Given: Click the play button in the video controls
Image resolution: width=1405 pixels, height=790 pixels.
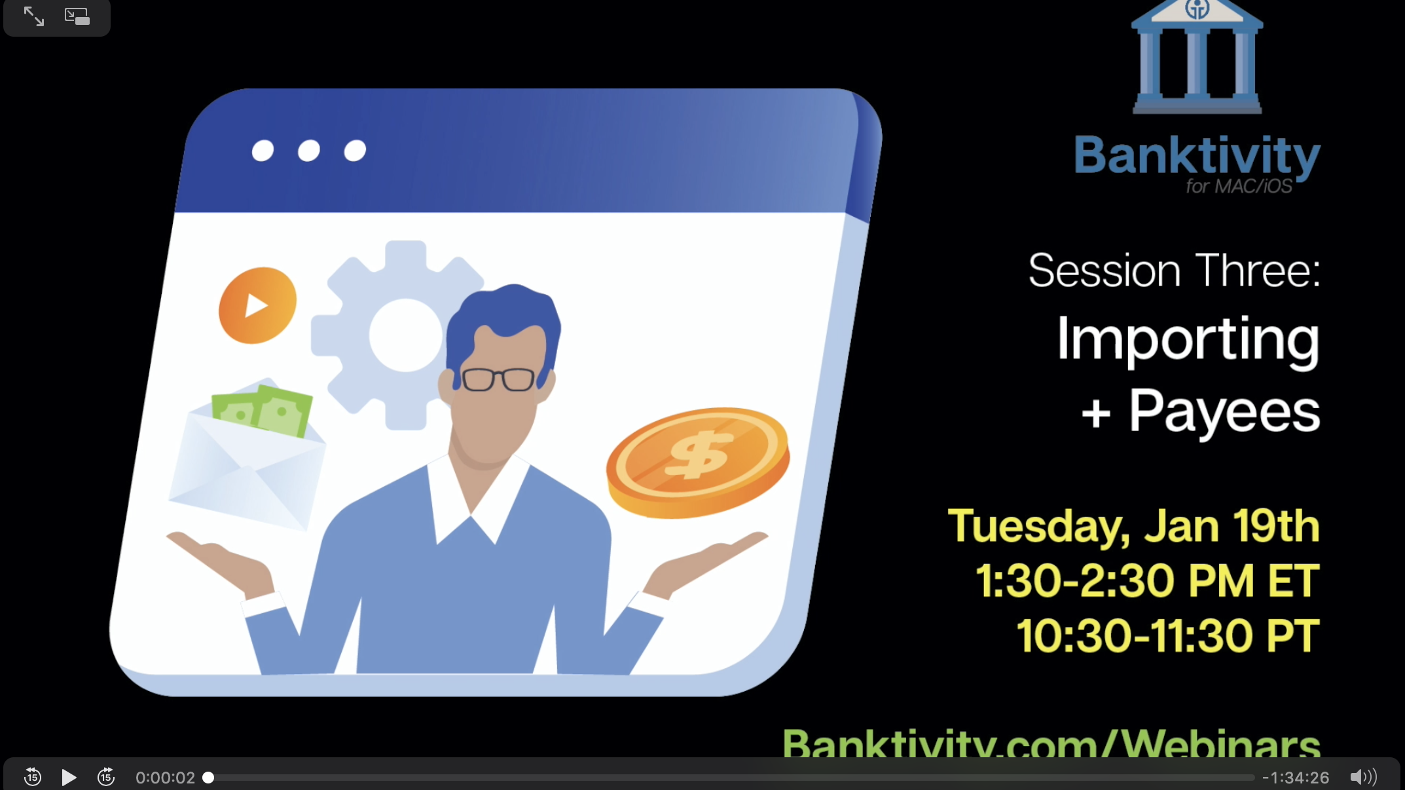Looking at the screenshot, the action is coord(69,778).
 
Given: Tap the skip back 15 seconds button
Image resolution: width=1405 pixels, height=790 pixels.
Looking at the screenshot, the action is coord(33,777).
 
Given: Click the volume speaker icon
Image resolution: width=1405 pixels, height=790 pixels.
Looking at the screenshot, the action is coord(1363,777).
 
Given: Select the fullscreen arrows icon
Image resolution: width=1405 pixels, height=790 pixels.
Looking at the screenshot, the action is coord(34,16).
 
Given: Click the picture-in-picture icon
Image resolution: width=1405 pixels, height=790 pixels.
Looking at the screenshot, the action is coord(77,16).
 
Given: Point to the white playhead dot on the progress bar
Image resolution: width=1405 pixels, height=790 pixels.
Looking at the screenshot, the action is coord(208,778).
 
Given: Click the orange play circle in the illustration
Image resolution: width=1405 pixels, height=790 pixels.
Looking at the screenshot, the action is coord(257,305).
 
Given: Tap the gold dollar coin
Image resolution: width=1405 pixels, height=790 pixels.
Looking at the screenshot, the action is coord(698,462).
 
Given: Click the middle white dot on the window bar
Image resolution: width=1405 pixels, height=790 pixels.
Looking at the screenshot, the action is coord(309,151).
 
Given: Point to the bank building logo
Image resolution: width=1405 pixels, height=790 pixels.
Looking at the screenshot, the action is coord(1197,57).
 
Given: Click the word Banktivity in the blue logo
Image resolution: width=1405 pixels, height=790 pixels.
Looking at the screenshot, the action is coord(1197,156).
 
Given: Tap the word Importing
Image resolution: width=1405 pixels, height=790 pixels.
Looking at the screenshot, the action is coord(1188,341).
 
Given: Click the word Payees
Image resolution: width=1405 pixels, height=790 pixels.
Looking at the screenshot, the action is coord(1224,411).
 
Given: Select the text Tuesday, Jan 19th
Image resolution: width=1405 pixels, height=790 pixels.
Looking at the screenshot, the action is coord(1134,526).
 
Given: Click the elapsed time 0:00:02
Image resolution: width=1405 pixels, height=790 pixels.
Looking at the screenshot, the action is coord(165,778).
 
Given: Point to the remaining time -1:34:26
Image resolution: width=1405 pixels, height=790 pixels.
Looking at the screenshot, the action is coord(1296,778).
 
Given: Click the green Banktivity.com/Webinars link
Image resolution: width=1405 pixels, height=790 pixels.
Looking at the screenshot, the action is coord(1051,743).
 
